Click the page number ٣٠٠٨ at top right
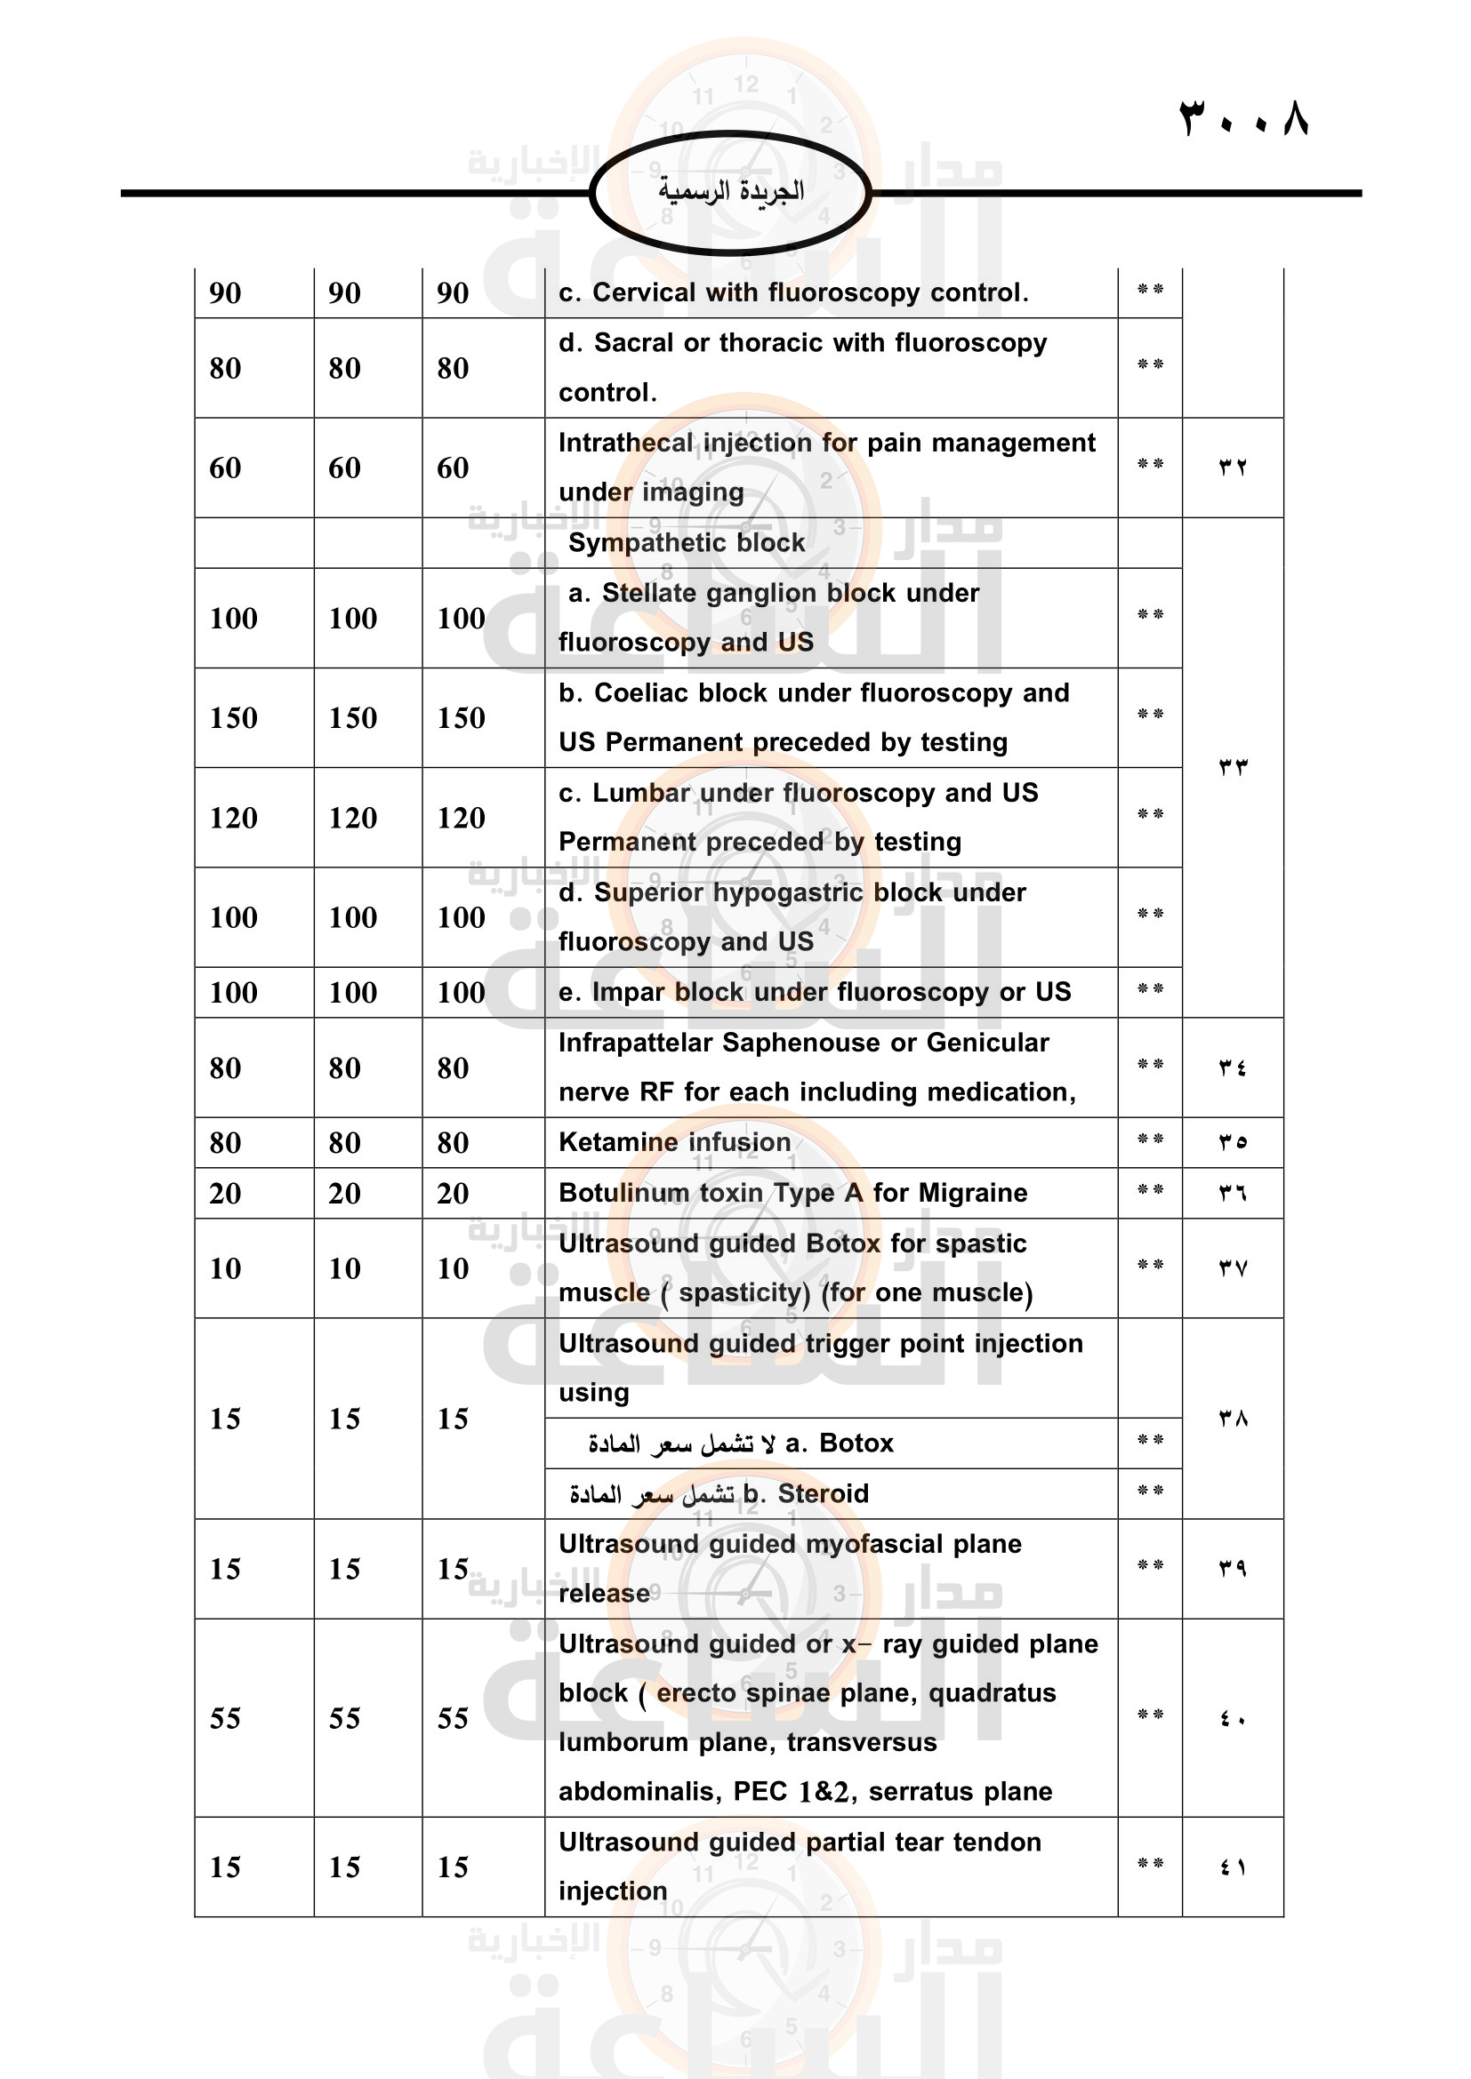1243,118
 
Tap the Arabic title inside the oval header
731,191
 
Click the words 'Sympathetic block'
686,542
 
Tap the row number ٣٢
1232,468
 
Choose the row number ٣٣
1232,767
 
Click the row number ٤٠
1232,1718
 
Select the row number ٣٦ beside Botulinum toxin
1232,1194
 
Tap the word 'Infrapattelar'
635,1043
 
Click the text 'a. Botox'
839,1443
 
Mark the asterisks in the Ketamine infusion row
1149,1140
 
